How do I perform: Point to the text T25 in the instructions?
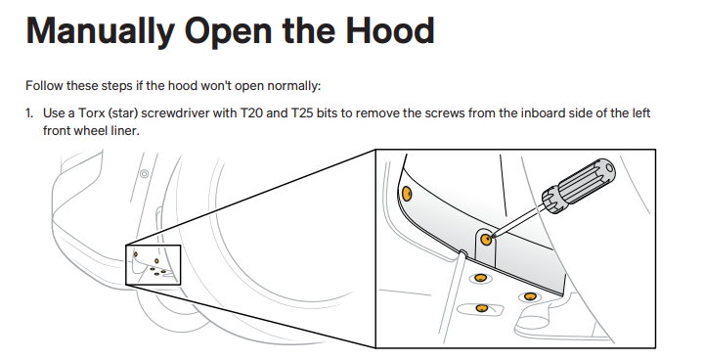(x=302, y=112)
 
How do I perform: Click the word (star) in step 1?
(x=122, y=113)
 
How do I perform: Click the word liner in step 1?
(x=128, y=131)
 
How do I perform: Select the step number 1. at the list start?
(x=29, y=112)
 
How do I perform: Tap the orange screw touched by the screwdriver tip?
(x=485, y=239)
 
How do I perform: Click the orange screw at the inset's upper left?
(x=407, y=194)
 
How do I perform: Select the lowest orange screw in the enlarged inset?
(x=482, y=308)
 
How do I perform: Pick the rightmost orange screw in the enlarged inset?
(x=530, y=296)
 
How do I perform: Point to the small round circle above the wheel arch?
(x=144, y=173)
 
